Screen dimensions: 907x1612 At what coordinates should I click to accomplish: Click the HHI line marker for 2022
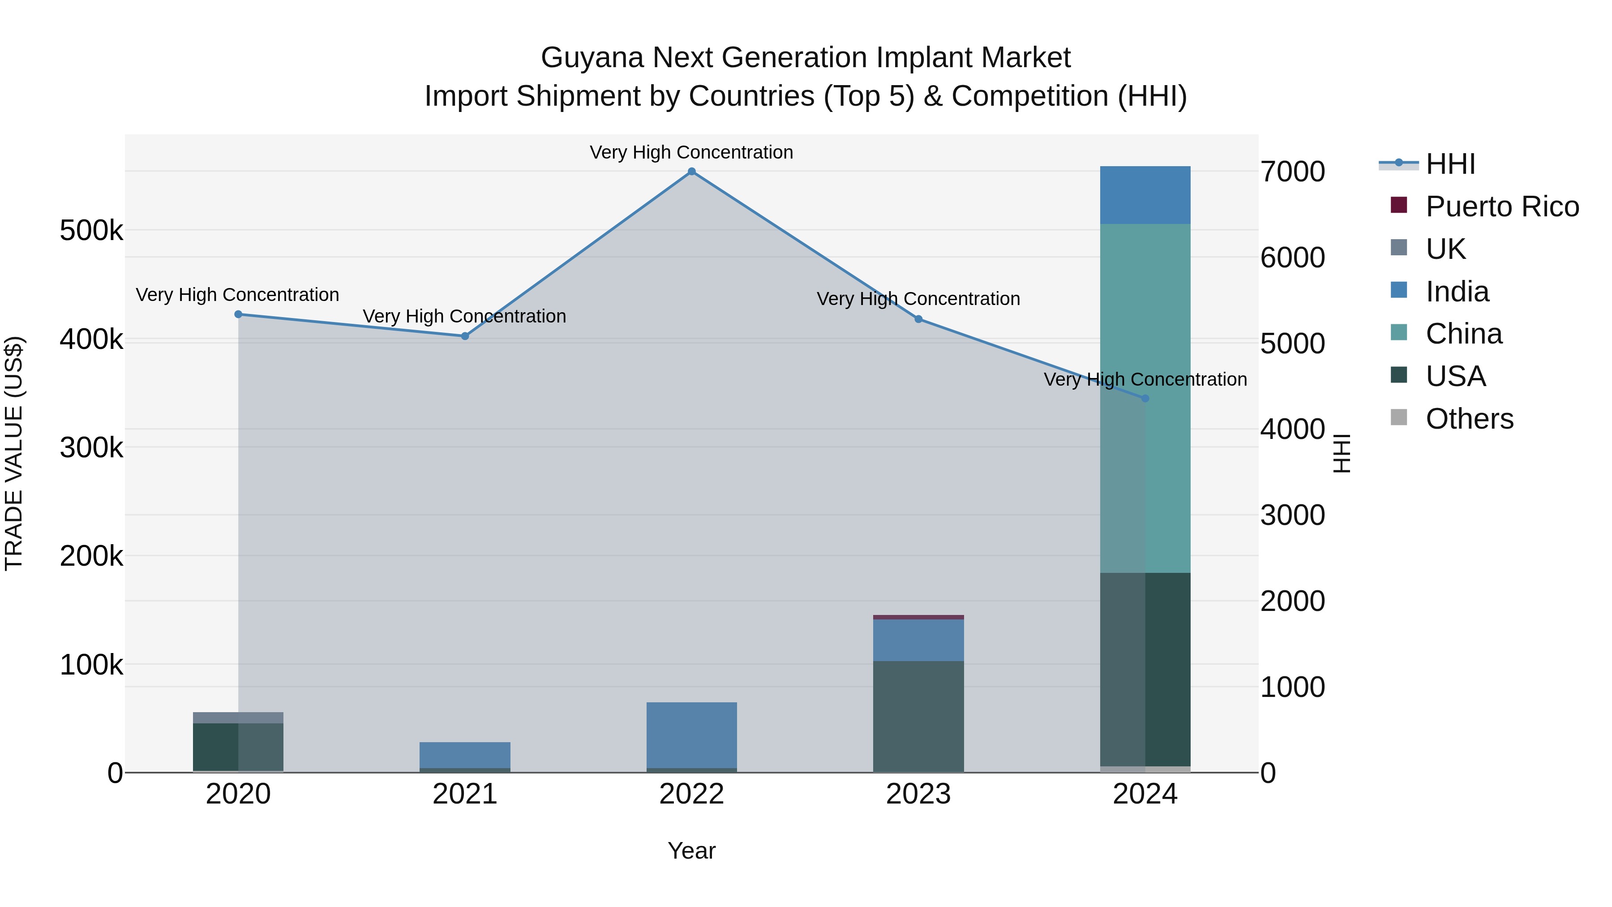691,172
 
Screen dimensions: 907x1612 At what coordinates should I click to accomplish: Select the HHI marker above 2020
238,314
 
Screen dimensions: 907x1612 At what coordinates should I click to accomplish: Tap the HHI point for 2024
1145,398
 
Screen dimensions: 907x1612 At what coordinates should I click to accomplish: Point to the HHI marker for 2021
465,336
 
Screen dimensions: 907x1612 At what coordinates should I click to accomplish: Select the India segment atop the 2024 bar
1145,195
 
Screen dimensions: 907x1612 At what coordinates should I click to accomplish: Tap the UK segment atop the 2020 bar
238,718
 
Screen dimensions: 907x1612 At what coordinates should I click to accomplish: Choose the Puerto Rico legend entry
1502,206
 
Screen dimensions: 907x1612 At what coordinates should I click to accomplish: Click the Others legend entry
1469,419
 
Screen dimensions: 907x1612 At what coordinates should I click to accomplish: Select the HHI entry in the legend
1450,164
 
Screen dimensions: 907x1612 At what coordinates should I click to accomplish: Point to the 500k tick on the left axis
91,231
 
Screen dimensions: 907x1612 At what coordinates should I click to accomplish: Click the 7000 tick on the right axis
1293,172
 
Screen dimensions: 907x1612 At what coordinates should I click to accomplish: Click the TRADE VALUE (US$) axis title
14,453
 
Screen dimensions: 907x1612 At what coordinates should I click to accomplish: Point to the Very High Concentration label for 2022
691,152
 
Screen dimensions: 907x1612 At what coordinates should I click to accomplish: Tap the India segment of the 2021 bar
465,755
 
